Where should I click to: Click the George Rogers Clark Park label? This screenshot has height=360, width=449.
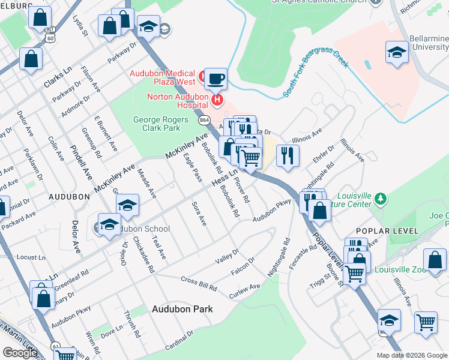[x=157, y=124]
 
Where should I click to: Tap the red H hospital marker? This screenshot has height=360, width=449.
[x=218, y=99]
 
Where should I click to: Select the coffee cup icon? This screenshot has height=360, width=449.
[x=215, y=78]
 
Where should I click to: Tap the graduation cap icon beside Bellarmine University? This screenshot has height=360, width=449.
[x=397, y=52]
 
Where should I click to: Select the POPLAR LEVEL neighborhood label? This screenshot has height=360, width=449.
[x=382, y=231]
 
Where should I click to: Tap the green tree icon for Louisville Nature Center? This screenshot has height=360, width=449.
[x=379, y=198]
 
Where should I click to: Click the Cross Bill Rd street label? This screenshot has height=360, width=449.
[x=199, y=284]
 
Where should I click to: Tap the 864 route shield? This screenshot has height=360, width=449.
[x=204, y=119]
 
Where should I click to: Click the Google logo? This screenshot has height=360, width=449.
[x=20, y=352]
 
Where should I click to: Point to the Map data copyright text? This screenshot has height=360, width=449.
[x=412, y=355]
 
